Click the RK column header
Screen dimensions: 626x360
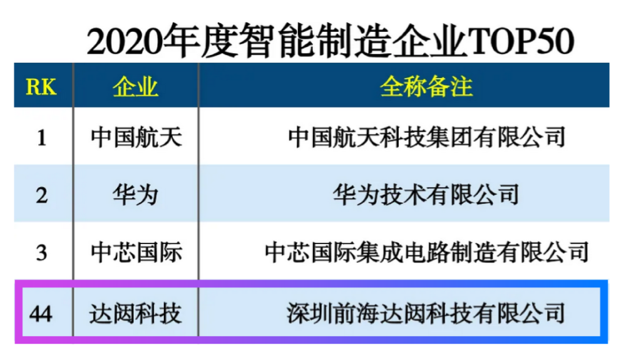coord(41,86)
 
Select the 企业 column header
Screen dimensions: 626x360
coord(135,86)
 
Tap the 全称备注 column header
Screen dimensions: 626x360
coord(426,86)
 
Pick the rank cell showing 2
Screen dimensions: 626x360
coord(41,195)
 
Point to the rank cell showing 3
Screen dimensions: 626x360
coord(41,253)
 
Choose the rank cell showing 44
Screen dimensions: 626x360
coord(41,314)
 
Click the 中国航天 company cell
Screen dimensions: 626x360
coord(136,137)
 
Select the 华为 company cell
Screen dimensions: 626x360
coord(136,195)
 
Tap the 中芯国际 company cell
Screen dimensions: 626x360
coord(136,252)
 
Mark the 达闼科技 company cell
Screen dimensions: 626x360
coord(135,313)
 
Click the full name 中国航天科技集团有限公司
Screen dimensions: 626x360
coord(427,137)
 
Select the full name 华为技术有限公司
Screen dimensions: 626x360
coord(426,195)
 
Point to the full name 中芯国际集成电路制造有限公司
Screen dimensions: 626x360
coord(427,252)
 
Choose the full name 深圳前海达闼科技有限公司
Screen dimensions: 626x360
coord(426,313)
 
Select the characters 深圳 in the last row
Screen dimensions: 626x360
coord(309,313)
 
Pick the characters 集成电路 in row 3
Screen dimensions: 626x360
coord(403,252)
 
